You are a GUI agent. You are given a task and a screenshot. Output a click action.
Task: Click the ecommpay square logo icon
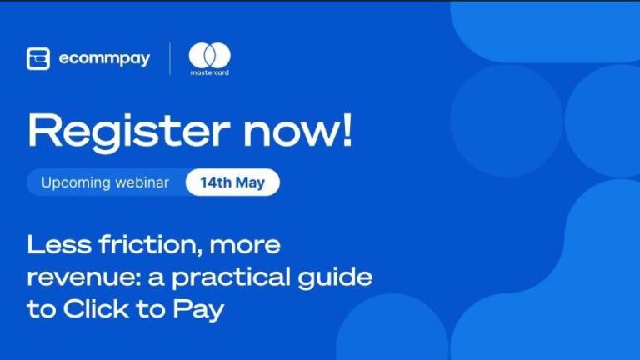[x=38, y=59]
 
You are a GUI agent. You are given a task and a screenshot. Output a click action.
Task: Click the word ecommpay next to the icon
[x=104, y=59]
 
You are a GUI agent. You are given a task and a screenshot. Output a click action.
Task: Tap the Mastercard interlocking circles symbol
[x=209, y=55]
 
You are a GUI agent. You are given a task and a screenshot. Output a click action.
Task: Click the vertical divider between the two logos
[x=170, y=59]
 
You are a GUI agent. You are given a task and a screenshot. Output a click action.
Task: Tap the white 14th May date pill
[x=232, y=182]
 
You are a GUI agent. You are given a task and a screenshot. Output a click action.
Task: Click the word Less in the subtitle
[x=52, y=246]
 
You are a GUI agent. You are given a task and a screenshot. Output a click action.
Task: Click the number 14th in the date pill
[x=215, y=182]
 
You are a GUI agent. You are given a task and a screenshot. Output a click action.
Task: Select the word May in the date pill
[x=254, y=182]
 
